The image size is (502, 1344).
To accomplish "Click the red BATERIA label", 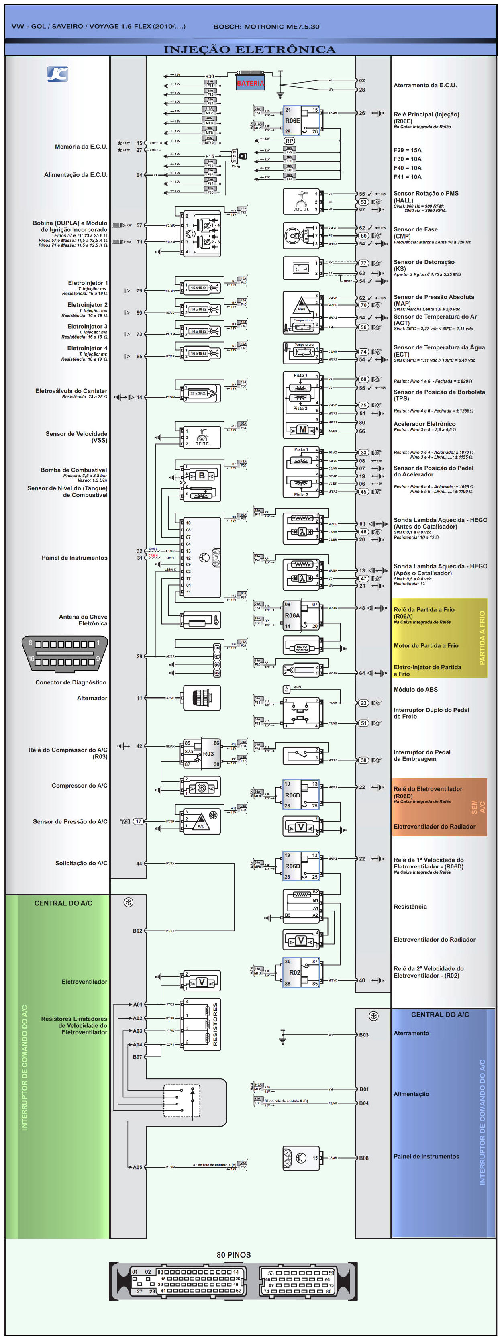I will pyautogui.click(x=251, y=83).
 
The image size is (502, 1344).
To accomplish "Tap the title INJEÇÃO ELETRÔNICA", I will pyautogui.click(x=249, y=49).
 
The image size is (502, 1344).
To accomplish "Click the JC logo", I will pyautogui.click(x=57, y=74).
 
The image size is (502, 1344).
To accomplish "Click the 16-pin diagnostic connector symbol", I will pyautogui.click(x=65, y=653).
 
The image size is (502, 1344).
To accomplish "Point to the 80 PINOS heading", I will pyautogui.click(x=233, y=1255).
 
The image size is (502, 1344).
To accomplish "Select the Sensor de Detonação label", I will pyautogui.click(x=424, y=262).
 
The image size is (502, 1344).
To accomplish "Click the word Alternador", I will pyautogui.click(x=92, y=698).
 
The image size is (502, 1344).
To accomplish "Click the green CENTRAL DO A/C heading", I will pyautogui.click(x=63, y=903).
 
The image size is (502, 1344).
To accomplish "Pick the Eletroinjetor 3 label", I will pyautogui.click(x=87, y=327).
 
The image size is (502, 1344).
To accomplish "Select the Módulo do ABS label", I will pyautogui.click(x=415, y=690).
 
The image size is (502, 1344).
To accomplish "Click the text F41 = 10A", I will pyautogui.click(x=408, y=177).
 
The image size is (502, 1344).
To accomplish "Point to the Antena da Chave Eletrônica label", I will pyautogui.click(x=83, y=620).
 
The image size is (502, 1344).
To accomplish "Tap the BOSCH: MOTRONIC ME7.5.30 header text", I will pyautogui.click(x=266, y=27).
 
